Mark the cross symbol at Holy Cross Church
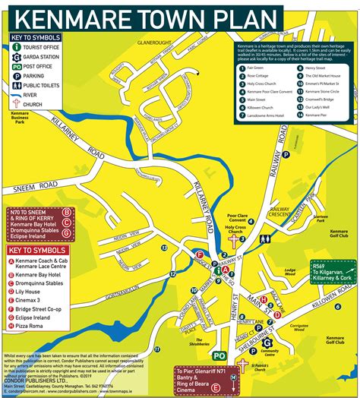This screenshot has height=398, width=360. [x=242, y=240]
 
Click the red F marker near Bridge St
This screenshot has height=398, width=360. [x=200, y=254]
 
